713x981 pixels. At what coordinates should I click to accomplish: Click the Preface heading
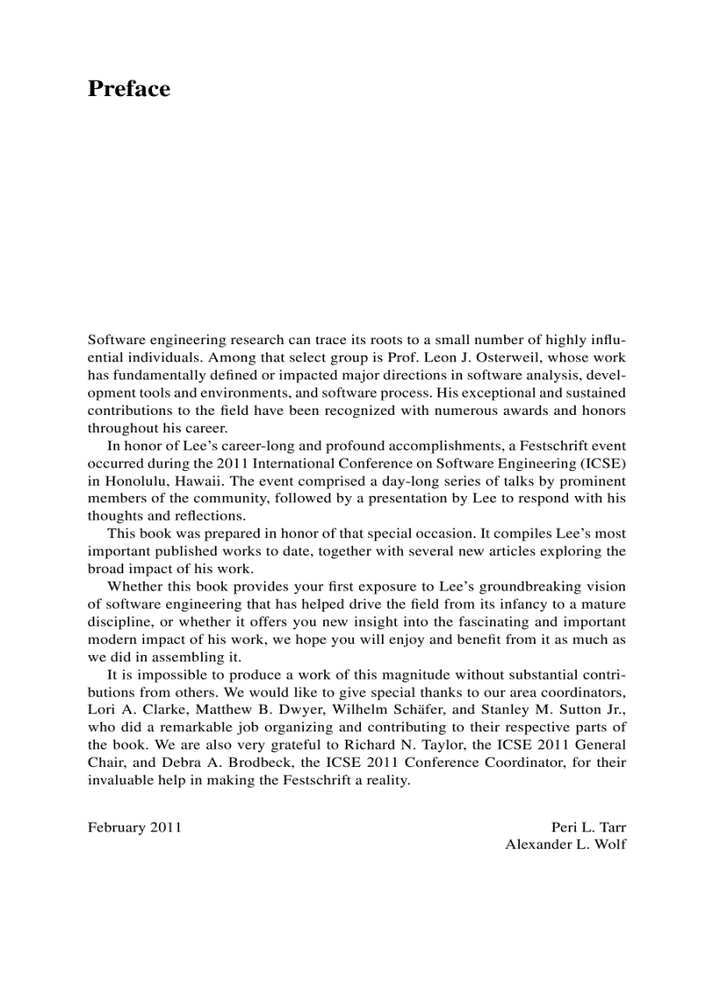tap(128, 89)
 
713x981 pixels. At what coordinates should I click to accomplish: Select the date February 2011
tap(135, 826)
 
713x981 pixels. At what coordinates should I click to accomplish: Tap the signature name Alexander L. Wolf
tap(565, 845)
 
